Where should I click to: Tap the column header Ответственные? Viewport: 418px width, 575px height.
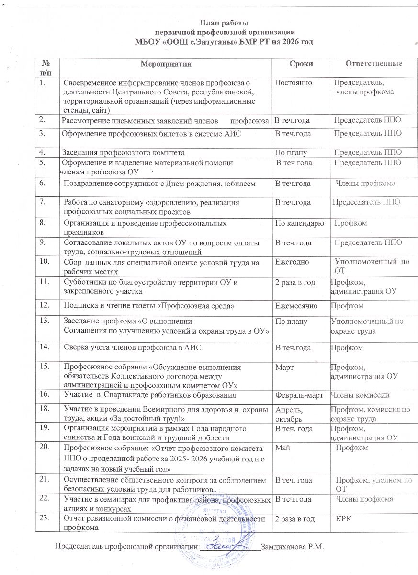tap(373, 64)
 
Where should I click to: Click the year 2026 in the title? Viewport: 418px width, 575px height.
tap(290, 42)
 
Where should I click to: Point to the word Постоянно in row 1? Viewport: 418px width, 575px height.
tap(293, 82)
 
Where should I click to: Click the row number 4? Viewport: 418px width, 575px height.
tap(43, 152)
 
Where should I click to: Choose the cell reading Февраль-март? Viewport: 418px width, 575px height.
tap(300, 395)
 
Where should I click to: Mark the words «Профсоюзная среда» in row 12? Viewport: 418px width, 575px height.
tap(203, 305)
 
